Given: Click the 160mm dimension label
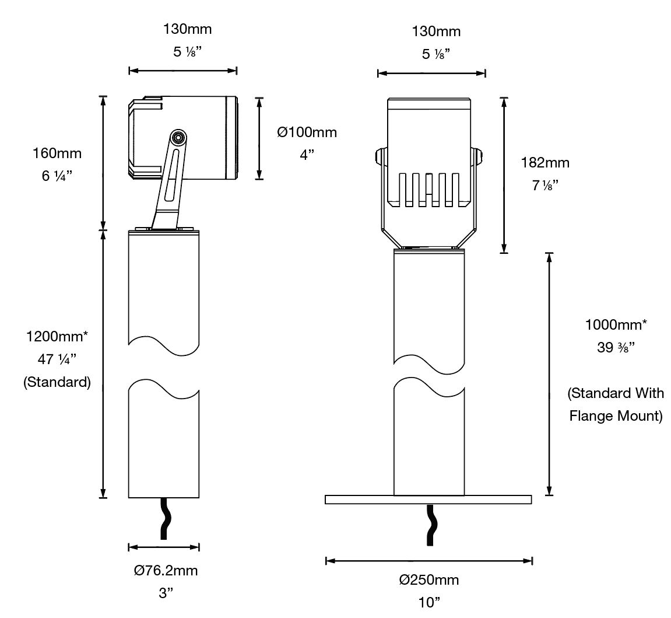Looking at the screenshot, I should click(x=57, y=153).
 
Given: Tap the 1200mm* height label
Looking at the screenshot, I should click(x=57, y=337).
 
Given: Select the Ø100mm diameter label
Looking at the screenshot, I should click(x=307, y=132).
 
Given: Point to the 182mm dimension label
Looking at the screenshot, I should click(x=545, y=163).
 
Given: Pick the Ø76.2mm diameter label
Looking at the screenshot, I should click(x=166, y=570).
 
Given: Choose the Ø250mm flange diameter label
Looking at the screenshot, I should click(x=429, y=579).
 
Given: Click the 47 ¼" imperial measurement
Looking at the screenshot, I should click(x=57, y=359).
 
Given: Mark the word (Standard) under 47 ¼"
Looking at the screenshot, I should click(x=57, y=383).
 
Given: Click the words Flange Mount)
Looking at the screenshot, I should click(x=616, y=416).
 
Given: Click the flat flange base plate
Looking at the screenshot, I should click(x=428, y=499).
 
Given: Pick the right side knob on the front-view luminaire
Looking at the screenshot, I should click(x=478, y=156).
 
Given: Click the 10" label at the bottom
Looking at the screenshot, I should click(x=429, y=602).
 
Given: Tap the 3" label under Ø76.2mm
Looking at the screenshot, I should click(x=166, y=593).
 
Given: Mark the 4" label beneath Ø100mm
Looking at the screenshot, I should click(x=307, y=155).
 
